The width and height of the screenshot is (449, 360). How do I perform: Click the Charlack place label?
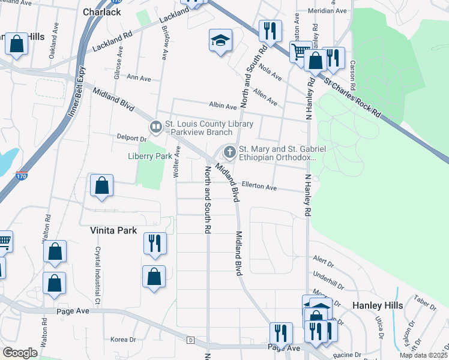point(102,11)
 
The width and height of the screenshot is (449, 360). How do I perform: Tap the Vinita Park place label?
point(113,230)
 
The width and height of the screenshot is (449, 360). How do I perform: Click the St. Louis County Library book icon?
point(155,127)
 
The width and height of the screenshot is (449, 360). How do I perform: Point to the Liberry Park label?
point(151,156)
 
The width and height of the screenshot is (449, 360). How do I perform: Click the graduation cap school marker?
point(220,41)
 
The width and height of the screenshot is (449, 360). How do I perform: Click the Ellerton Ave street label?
point(259,187)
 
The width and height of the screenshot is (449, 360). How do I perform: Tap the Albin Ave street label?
point(222,106)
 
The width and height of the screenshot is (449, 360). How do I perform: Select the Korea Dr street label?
point(123,340)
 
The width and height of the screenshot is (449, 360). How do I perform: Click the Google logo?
point(19,353)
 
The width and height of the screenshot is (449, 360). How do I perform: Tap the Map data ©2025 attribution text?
point(423,355)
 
